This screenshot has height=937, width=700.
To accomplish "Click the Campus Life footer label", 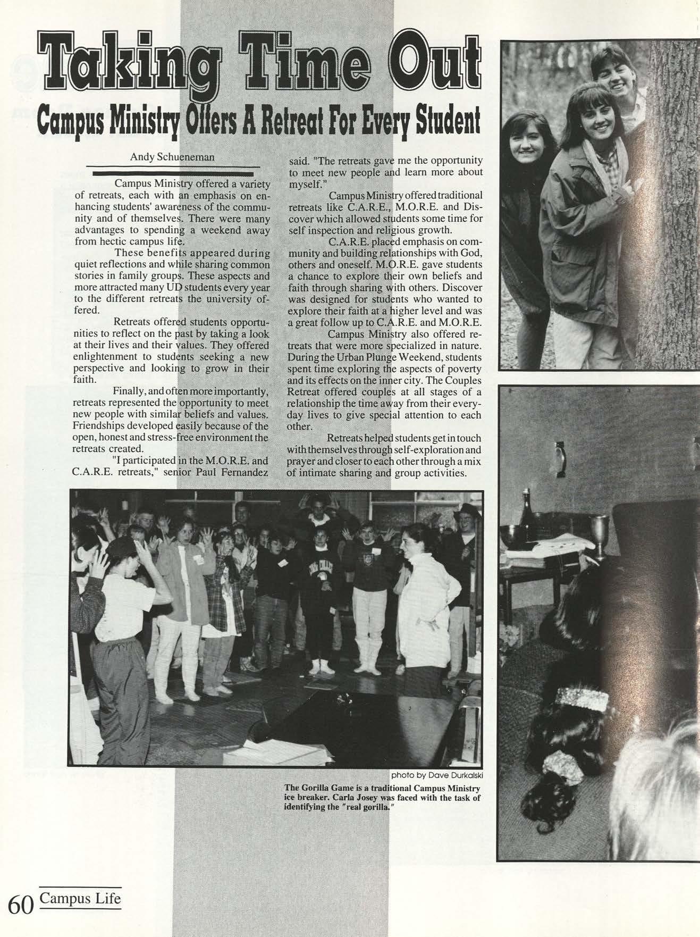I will tap(80, 898).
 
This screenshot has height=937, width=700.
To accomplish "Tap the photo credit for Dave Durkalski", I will tap(436, 774).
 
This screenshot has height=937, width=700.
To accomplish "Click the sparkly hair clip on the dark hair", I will tap(583, 699).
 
